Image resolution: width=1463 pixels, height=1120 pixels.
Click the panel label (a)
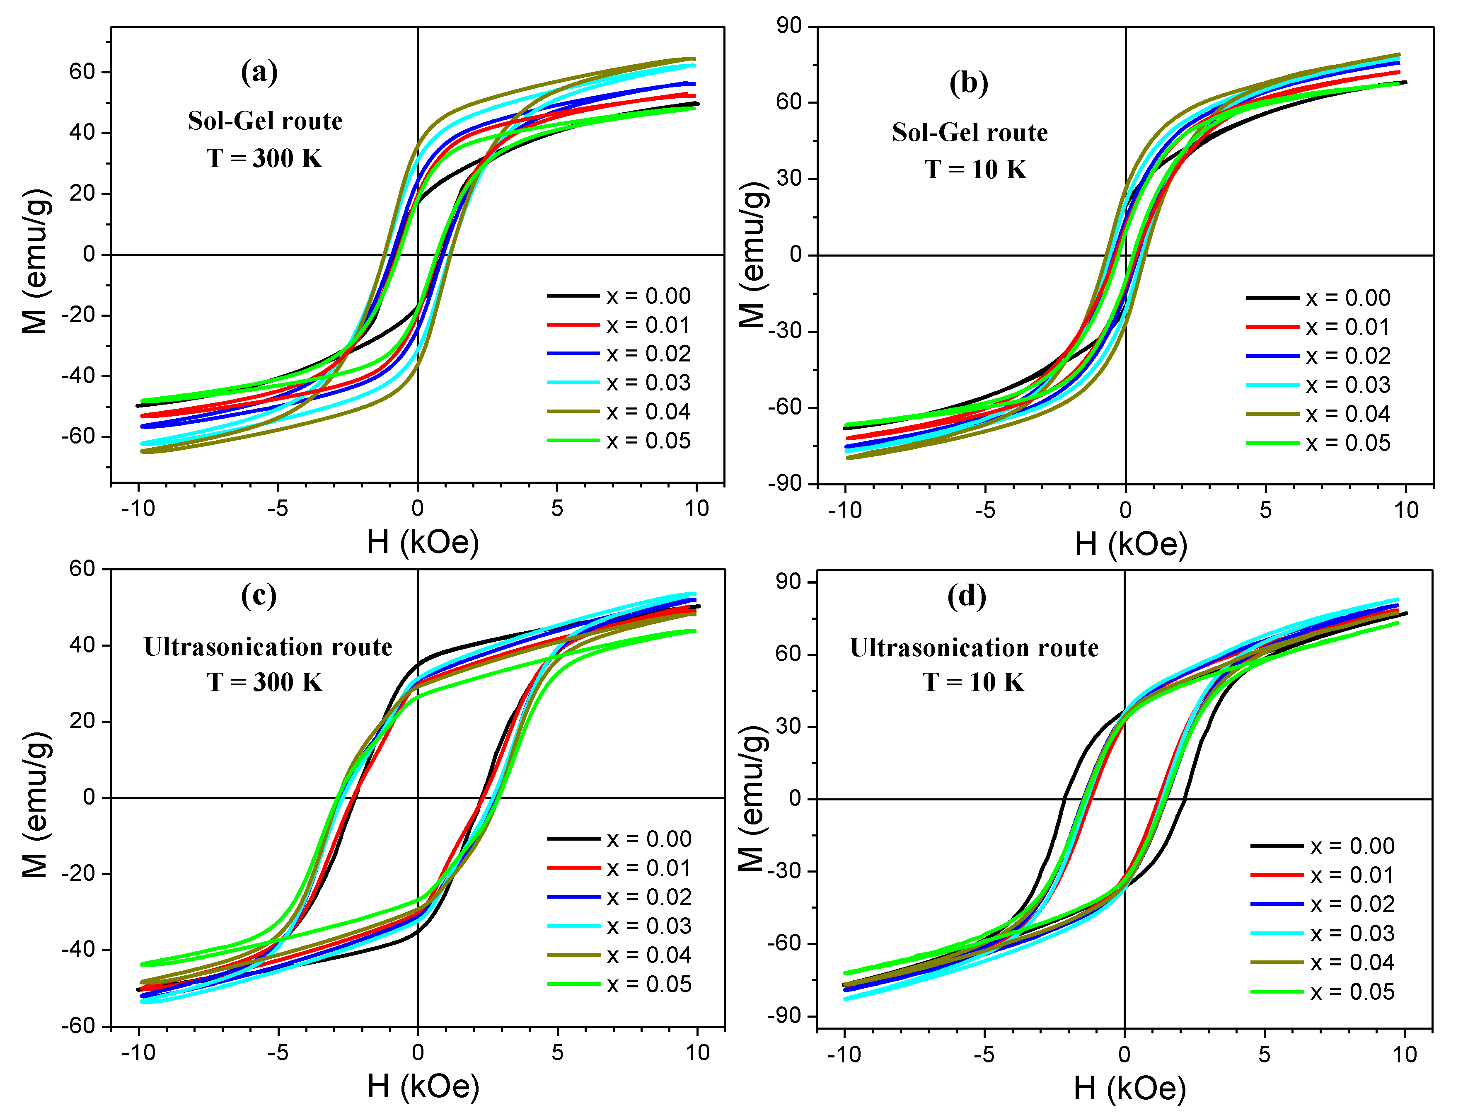click(259, 72)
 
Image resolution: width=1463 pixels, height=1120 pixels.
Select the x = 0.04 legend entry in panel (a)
click(648, 412)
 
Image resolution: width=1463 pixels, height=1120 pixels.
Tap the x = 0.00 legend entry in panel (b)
click(1347, 298)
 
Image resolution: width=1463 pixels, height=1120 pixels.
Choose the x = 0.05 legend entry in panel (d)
click(1352, 992)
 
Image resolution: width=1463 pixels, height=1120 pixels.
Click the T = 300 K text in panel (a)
click(264, 159)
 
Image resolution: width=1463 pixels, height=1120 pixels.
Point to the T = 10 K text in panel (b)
click(975, 170)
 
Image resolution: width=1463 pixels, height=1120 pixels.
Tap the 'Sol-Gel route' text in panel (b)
click(970, 133)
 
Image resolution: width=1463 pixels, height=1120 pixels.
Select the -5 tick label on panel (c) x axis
click(278, 1053)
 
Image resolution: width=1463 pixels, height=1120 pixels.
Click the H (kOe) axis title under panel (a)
click(423, 543)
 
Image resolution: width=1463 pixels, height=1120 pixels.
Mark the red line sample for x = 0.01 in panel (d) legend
click(1277, 875)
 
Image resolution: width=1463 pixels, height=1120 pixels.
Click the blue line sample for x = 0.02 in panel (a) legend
click(573, 353)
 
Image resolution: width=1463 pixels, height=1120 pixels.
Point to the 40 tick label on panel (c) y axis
click(82, 645)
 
